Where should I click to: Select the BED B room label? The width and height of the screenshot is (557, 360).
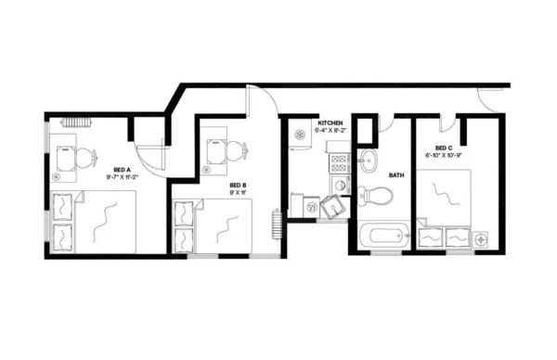238,186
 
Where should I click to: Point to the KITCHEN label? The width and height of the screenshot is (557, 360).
330,123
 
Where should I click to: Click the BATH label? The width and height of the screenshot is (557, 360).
396,174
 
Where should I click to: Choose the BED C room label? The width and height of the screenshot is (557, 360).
443,148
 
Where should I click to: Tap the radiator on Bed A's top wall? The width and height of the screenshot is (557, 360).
74,122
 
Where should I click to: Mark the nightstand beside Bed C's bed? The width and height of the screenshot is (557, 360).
482,239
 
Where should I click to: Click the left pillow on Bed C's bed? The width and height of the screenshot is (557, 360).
432,238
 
